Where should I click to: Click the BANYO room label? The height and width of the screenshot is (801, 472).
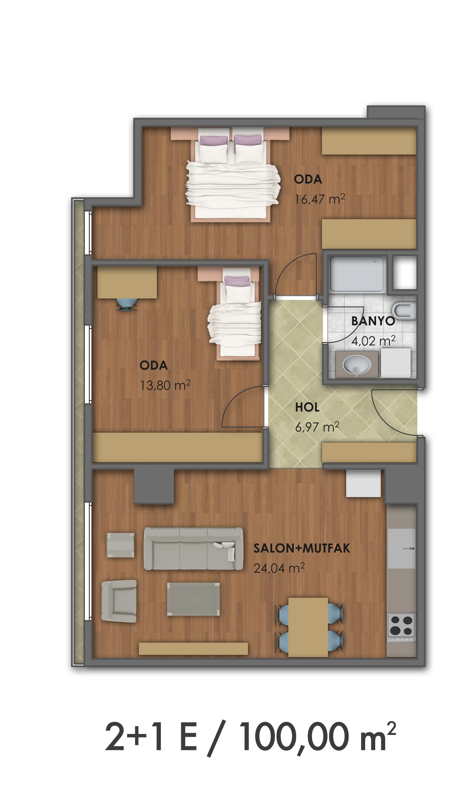(x=373, y=321)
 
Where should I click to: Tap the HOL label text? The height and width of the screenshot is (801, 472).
(x=307, y=408)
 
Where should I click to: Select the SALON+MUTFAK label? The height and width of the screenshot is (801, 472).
(x=302, y=549)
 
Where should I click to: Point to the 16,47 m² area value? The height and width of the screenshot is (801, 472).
(x=320, y=199)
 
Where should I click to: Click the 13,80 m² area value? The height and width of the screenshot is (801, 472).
(x=165, y=385)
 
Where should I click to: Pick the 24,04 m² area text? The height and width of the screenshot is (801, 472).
(x=279, y=568)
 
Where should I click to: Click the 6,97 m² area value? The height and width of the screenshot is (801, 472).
(x=317, y=427)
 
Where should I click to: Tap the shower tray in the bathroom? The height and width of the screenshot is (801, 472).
(x=357, y=274)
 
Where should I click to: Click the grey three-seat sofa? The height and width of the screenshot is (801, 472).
(x=193, y=549)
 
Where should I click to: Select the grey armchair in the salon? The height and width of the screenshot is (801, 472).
(x=119, y=601)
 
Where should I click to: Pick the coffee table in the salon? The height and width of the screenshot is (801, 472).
(x=193, y=599)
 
